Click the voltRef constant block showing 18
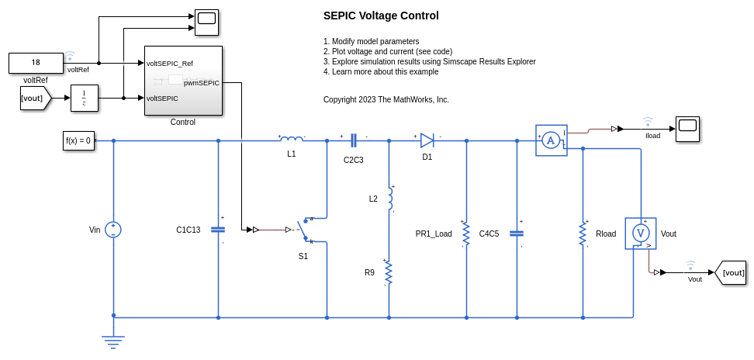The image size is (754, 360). (36, 63)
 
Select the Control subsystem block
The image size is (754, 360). (183, 81)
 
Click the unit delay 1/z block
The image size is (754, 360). (84, 98)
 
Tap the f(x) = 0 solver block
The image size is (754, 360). (78, 140)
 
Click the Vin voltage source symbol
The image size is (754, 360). (113, 229)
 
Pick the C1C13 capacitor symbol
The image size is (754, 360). (218, 230)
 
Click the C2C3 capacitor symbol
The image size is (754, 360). (354, 140)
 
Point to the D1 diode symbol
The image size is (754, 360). (427, 140)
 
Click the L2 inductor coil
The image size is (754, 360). (389, 198)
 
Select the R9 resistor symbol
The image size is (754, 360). (389, 272)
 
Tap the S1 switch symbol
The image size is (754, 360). (304, 230)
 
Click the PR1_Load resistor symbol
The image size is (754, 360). (466, 233)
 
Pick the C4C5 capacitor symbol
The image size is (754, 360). (517, 233)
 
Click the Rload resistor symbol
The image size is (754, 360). (583, 233)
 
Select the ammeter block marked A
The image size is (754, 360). (551, 140)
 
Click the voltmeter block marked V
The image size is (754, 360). (641, 234)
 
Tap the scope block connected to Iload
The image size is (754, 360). (687, 129)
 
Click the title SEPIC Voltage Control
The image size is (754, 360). (381, 16)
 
